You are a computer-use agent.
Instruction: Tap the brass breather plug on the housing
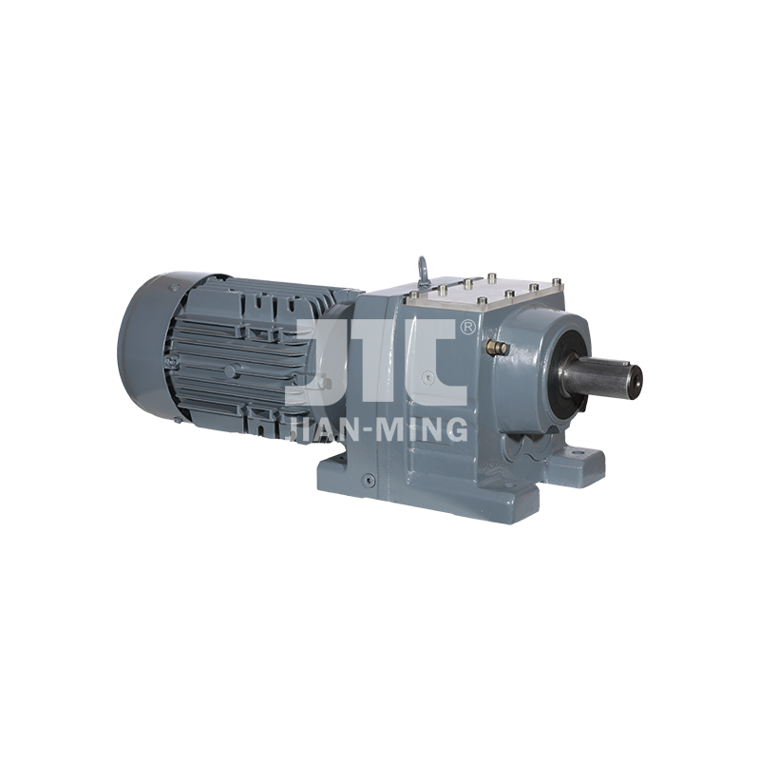click(496, 346)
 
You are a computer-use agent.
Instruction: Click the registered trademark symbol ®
click(467, 327)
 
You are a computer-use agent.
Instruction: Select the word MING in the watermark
click(422, 429)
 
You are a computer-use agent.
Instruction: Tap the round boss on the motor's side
click(231, 371)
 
